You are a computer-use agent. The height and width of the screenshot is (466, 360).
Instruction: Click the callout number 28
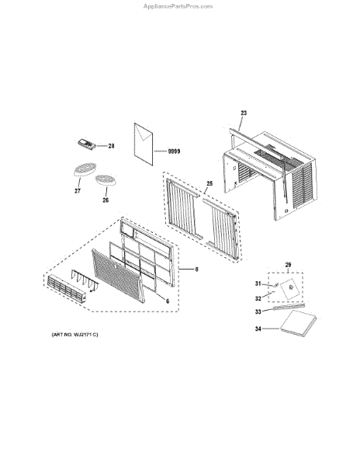tap(111, 146)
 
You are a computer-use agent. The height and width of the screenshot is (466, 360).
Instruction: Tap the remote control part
tap(84, 143)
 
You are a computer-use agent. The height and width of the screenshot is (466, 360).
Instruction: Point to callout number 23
tap(243, 113)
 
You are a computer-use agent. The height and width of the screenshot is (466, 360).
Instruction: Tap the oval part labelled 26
tap(105, 181)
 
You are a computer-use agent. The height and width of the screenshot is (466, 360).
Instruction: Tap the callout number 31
tap(260, 283)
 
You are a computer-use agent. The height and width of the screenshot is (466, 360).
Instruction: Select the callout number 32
tap(260, 297)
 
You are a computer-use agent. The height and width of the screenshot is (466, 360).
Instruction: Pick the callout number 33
tap(260, 312)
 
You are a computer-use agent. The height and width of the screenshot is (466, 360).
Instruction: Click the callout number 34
tap(260, 329)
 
